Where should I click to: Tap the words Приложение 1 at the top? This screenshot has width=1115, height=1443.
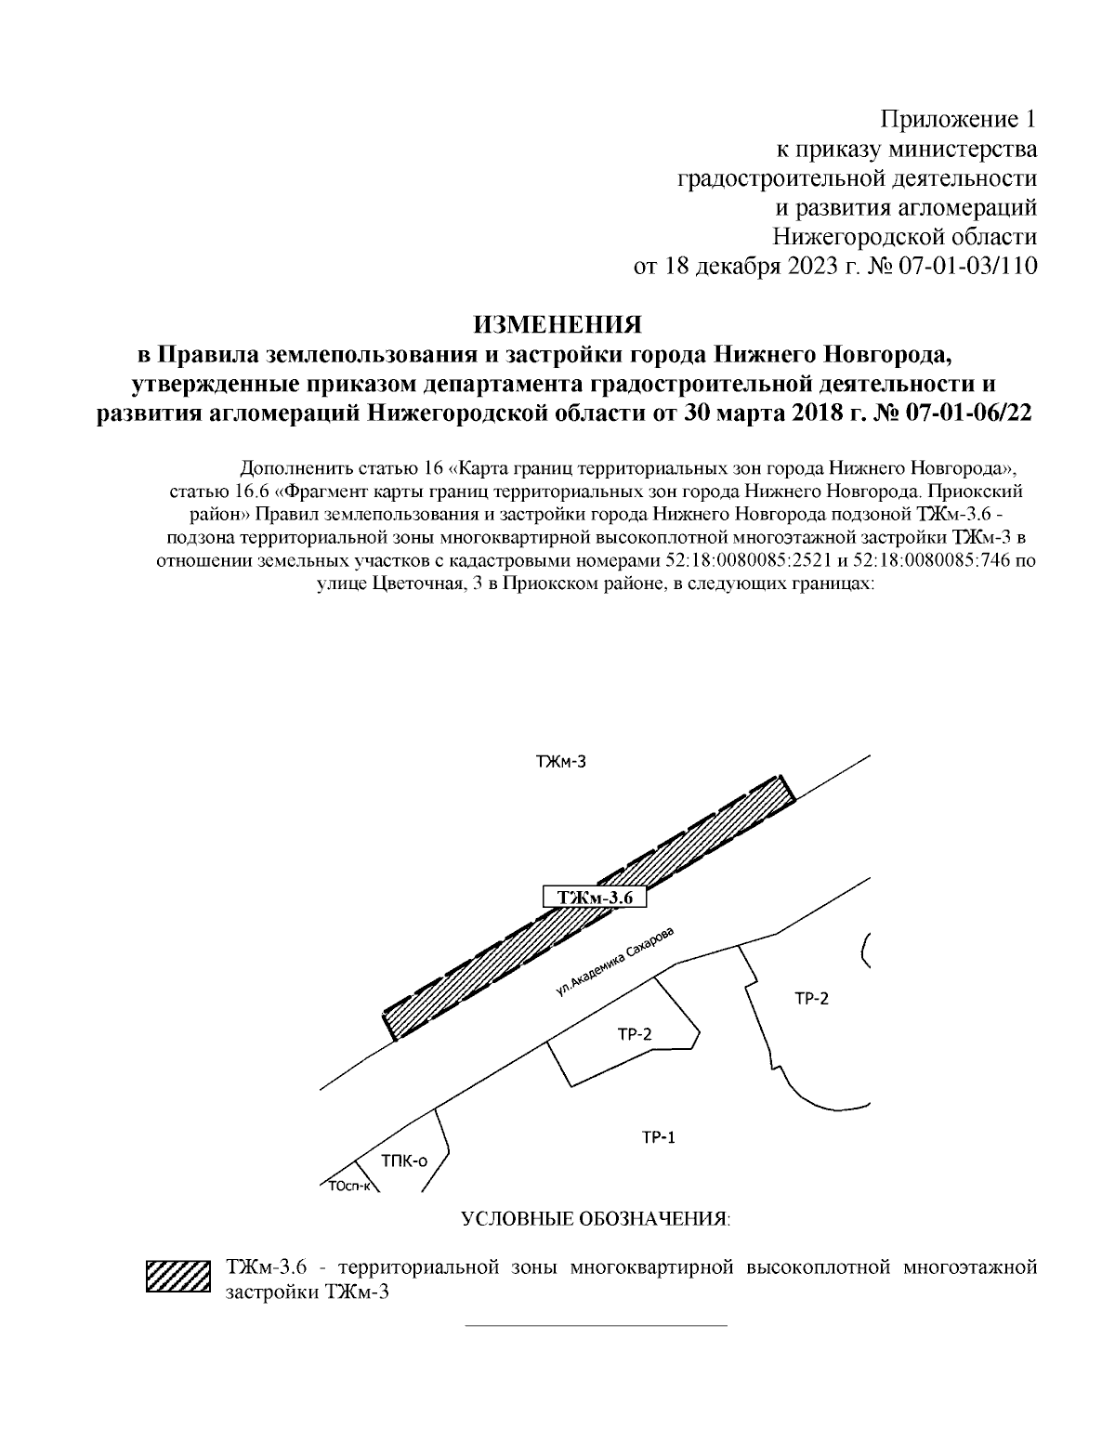click(x=957, y=119)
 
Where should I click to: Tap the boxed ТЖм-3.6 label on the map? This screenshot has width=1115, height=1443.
click(x=594, y=898)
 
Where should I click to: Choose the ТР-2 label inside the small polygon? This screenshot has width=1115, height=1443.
click(x=635, y=1034)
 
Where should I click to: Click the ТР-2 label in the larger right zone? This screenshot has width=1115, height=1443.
click(x=811, y=999)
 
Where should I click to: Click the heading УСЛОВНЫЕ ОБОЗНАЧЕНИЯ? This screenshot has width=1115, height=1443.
click(x=596, y=1219)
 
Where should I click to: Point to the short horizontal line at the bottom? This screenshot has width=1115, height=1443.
click(x=595, y=1325)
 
